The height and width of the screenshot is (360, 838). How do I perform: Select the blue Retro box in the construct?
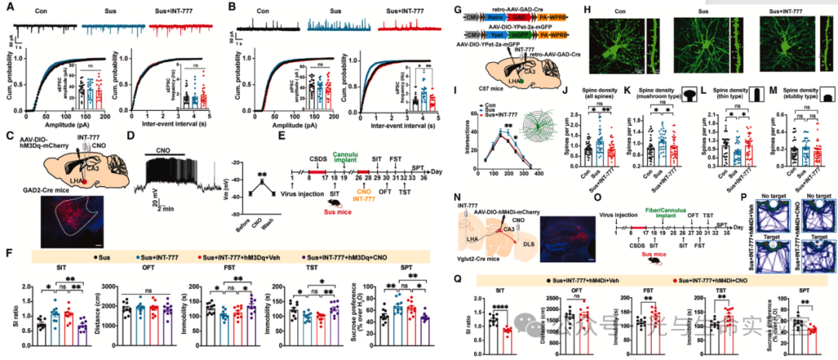click(x=496, y=15)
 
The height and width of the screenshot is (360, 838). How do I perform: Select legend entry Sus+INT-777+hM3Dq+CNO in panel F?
click(x=335, y=255)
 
